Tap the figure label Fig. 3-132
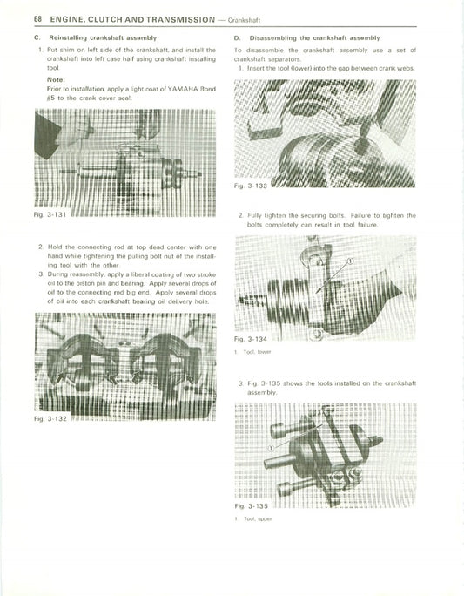coord(44,419)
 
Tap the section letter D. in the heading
coord(239,39)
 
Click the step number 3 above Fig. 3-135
coord(239,384)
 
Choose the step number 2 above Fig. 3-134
coord(239,214)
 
